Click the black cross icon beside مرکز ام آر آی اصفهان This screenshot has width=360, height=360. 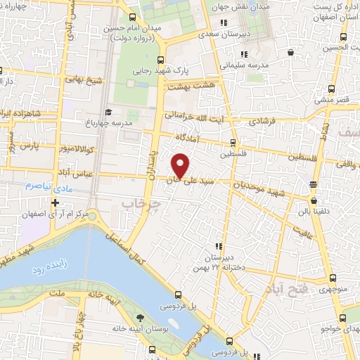tap(55, 202)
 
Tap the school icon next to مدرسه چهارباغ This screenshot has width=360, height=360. tap(108, 112)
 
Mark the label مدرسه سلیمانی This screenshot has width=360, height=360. tap(244, 65)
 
